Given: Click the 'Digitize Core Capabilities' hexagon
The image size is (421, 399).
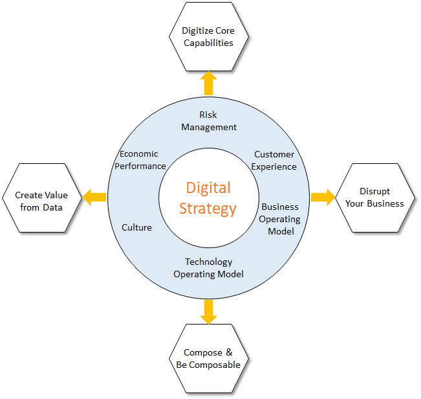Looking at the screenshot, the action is tap(209, 36).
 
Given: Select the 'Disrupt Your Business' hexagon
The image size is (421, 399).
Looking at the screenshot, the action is tap(375, 198).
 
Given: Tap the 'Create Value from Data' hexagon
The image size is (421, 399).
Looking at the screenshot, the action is tap(41, 198).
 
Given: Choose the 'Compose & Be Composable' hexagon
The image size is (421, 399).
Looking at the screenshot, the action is tap(209, 358).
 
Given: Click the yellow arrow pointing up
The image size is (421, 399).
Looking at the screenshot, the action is tap(209, 83).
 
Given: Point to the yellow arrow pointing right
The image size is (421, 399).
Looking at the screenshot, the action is tap(323, 198).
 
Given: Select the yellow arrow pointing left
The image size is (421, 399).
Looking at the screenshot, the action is tap(94, 198).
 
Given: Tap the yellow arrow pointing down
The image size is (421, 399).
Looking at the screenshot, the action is tap(209, 312).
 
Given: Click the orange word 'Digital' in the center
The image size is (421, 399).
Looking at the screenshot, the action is tap(208, 188).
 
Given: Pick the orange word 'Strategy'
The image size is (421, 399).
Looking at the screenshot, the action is tap(208, 209).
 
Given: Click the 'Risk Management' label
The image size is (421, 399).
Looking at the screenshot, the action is tap(209, 121).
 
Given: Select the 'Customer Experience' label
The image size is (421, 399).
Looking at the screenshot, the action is tap(274, 161).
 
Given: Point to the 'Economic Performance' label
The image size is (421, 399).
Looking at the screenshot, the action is tap(140, 160).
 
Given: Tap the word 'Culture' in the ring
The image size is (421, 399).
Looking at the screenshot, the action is tap(136, 227).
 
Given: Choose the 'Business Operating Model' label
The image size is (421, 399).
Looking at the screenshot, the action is tap(280, 219).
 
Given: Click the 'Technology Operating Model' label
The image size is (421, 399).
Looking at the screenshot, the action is tap(209, 268).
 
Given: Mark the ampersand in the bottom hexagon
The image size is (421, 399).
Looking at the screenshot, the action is tap(229, 352).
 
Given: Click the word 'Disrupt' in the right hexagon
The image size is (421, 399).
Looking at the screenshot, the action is tap(375, 192).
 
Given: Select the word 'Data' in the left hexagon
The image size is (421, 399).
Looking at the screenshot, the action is tap(52, 207).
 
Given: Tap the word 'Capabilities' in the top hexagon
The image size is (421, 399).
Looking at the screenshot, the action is tap(208, 43).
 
